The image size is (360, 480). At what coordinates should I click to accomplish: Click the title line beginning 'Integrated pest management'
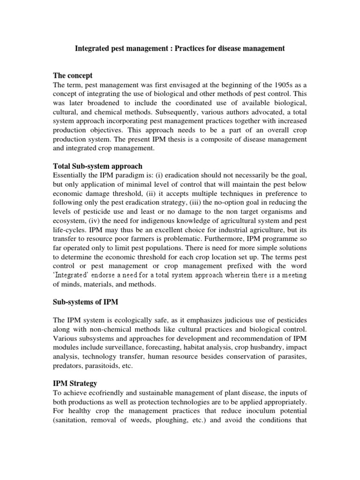[180, 49]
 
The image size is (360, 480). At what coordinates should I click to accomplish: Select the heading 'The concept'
[73, 75]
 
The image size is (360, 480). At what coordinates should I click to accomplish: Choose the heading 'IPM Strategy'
[75, 383]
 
